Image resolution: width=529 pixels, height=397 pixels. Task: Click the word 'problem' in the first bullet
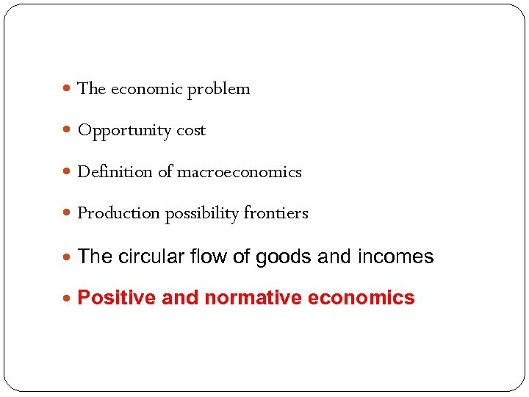click(x=218, y=90)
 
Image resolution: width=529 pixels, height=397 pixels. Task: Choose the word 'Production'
click(x=118, y=213)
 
